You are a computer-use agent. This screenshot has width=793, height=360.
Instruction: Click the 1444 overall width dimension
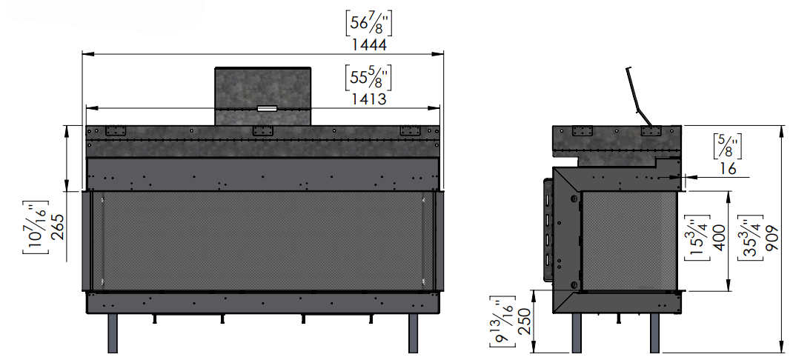369,44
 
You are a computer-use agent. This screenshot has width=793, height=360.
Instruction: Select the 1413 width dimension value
369,99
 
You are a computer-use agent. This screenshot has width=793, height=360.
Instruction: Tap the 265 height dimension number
58,227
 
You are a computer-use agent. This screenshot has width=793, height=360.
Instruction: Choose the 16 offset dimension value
728,168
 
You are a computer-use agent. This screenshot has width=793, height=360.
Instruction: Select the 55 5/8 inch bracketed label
368,77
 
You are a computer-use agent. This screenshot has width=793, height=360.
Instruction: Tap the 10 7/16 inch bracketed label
36,227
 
